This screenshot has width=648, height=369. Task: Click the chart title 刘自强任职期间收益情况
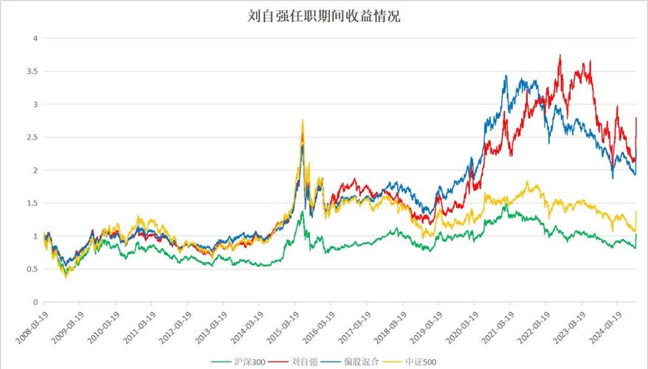tap(324, 15)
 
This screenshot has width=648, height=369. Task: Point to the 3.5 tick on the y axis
tap(32, 72)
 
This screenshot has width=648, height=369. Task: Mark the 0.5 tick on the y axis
tap(32, 269)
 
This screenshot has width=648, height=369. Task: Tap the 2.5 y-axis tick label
tap(32, 137)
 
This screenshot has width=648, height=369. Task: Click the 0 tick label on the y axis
tap(35, 303)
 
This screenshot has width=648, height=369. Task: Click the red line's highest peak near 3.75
tap(561, 55)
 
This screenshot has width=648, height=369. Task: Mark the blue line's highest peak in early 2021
tap(506, 75)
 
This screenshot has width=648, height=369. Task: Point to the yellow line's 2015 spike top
tap(303, 120)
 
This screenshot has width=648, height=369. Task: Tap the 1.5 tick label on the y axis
tap(32, 204)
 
